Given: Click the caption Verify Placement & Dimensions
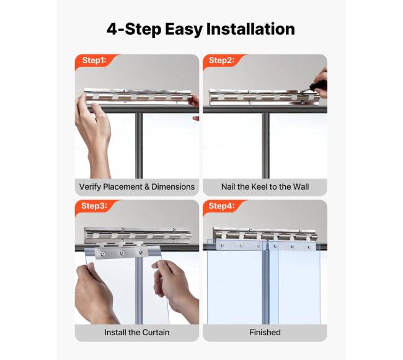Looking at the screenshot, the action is (137, 187).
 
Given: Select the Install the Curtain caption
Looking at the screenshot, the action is (137, 332).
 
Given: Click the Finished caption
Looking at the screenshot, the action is (265, 332).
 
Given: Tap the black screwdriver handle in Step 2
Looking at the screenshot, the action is (318, 86).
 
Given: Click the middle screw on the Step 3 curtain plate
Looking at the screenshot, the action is (122, 253).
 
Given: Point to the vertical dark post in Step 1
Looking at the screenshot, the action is (138, 146).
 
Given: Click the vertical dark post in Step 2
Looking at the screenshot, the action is (265, 146).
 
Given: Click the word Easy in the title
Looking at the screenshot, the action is (184, 30).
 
